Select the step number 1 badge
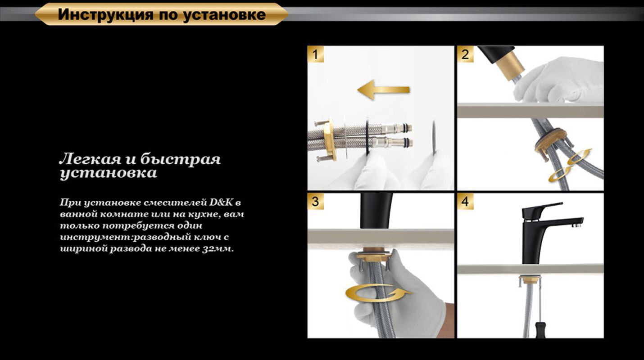(x=315, y=54)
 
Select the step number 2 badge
(x=465, y=54)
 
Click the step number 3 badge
(x=315, y=202)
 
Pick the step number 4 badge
(x=465, y=202)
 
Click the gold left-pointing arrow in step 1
(x=383, y=90)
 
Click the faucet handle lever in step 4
(x=543, y=207)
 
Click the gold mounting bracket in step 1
(x=330, y=139)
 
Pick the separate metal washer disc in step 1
(x=434, y=137)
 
